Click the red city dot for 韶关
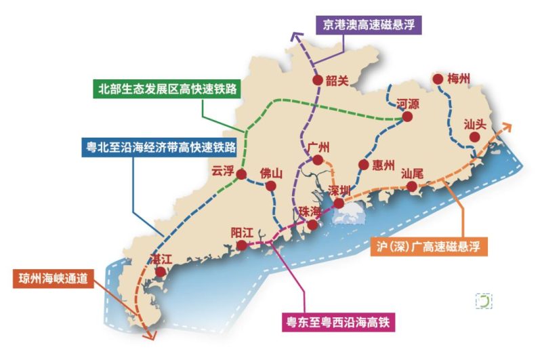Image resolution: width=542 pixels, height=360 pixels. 317,80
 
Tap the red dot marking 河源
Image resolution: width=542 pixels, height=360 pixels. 407,117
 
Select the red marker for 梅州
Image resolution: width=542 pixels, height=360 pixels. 438,79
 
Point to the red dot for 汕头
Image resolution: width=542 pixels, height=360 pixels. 475,137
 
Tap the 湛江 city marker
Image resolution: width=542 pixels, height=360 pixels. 161,272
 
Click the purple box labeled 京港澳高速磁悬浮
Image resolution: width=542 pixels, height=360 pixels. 369,26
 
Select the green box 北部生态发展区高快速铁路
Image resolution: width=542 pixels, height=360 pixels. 167,88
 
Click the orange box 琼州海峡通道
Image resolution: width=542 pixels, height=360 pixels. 52,277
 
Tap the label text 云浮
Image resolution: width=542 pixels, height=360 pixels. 222,171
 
